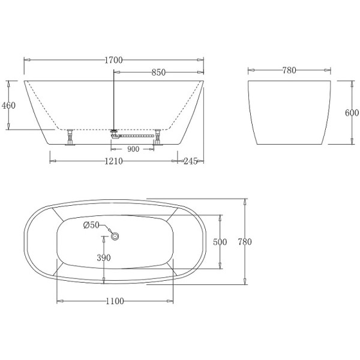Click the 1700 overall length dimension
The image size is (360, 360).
coord(113,59)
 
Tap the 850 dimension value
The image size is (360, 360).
coord(158,72)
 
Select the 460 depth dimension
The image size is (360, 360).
coord(8,106)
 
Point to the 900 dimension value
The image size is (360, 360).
coord(133,149)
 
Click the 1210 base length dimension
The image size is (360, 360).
coord(114,161)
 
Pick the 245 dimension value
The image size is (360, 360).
coord(191,161)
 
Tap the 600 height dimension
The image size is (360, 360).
coord(352,113)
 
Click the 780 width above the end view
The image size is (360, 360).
coord(289,70)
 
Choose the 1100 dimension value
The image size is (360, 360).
coord(115,301)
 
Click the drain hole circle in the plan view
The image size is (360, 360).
coord(116,237)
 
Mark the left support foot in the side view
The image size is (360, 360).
coord(71,138)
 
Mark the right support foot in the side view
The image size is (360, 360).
coord(159,138)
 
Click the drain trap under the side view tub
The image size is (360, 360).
coord(120,134)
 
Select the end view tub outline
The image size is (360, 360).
coord(290,112)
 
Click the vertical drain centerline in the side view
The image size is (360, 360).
coord(114,99)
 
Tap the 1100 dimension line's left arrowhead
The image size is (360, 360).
coord(58,301)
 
